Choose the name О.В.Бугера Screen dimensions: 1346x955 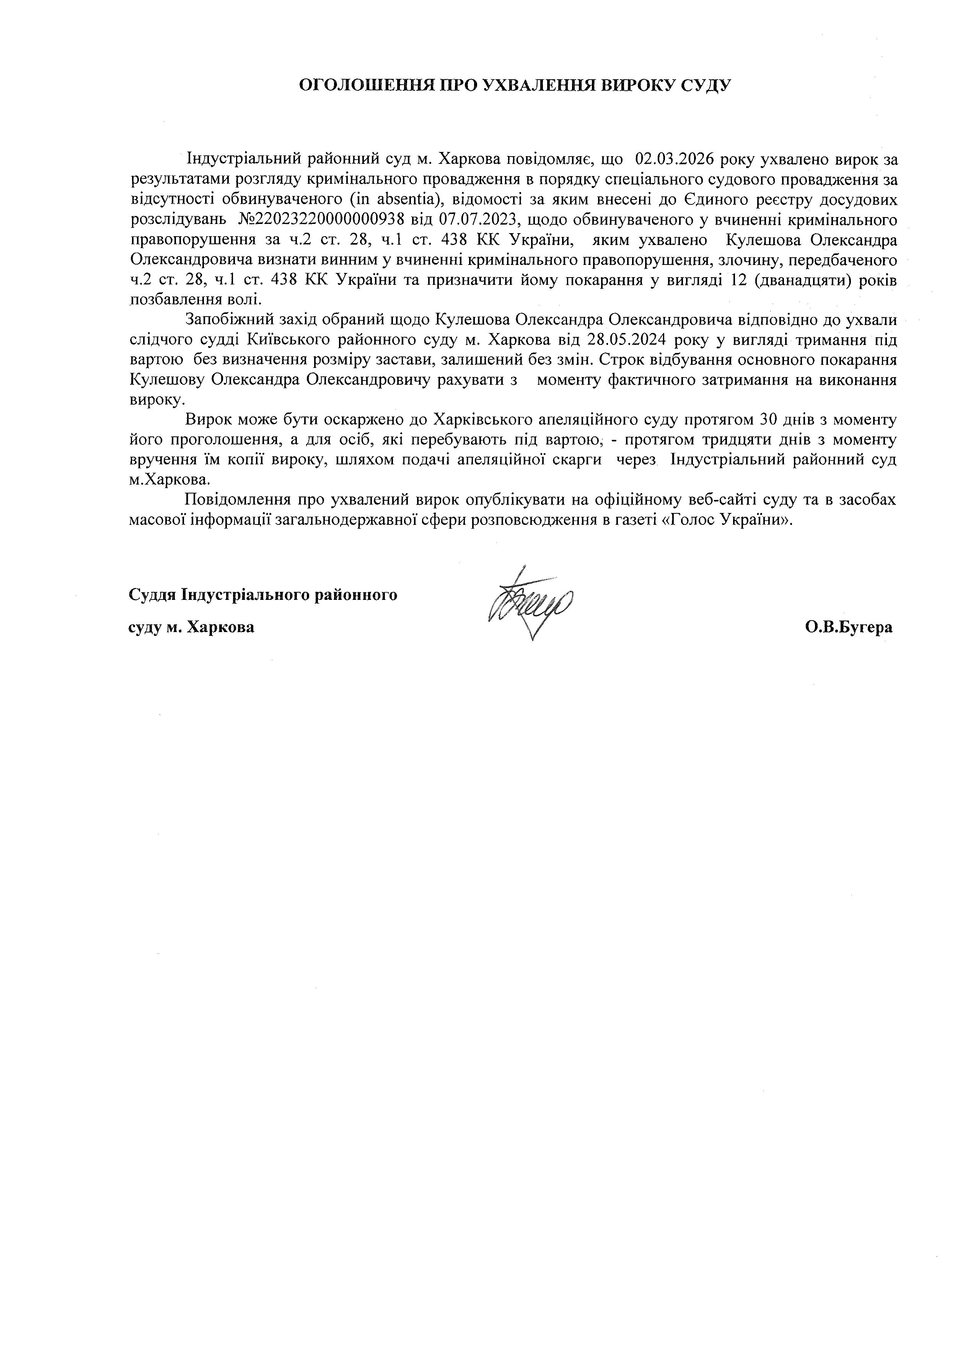[x=849, y=627]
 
